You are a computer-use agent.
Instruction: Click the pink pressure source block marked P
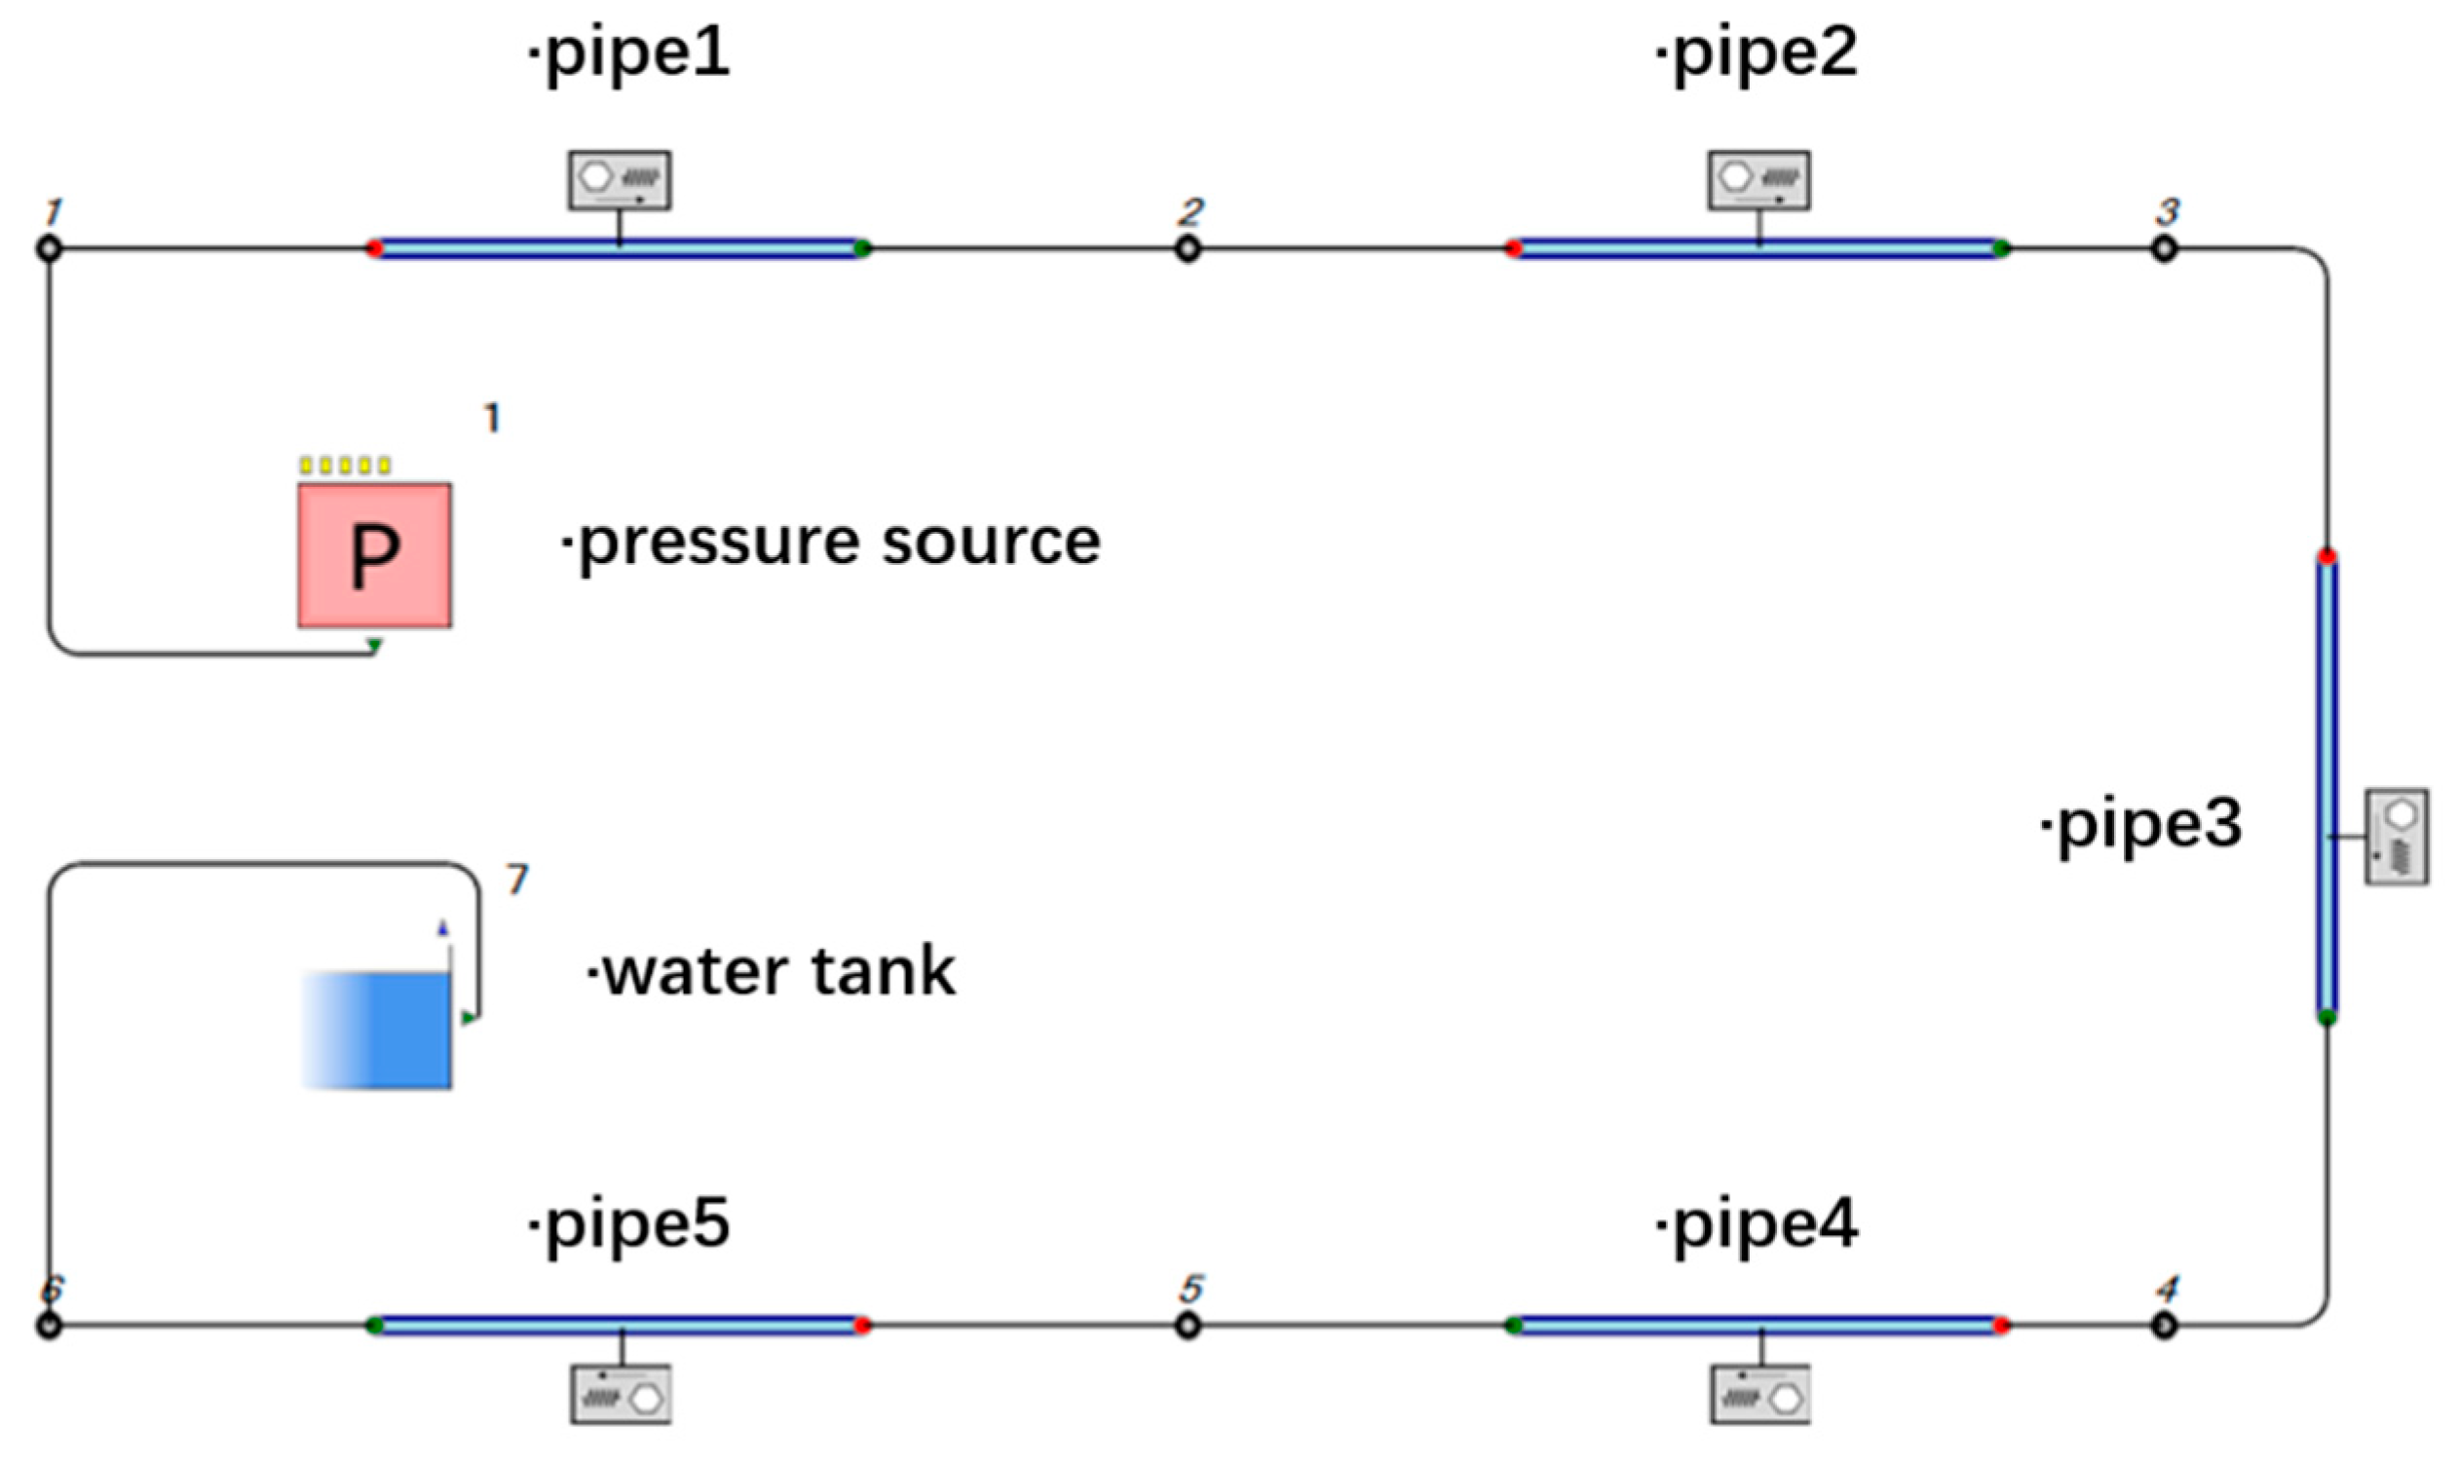coord(374,555)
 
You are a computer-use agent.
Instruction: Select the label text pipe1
coord(631,55)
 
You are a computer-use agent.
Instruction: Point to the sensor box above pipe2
coord(1758,179)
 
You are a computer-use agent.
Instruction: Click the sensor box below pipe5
coord(622,1394)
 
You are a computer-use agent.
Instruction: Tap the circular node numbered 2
coord(1189,248)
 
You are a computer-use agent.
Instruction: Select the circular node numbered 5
coord(1189,1326)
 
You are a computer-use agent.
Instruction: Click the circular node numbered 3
coord(2163,248)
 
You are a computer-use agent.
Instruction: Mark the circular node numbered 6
coord(49,1326)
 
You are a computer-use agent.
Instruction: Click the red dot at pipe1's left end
coord(375,248)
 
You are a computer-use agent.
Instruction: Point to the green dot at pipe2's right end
coord(2000,248)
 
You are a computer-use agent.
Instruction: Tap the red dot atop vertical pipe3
coord(2326,558)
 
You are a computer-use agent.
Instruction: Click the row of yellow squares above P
coord(345,466)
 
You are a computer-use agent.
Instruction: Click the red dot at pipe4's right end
coord(2000,1326)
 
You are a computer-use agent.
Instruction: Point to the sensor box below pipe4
coord(1759,1394)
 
